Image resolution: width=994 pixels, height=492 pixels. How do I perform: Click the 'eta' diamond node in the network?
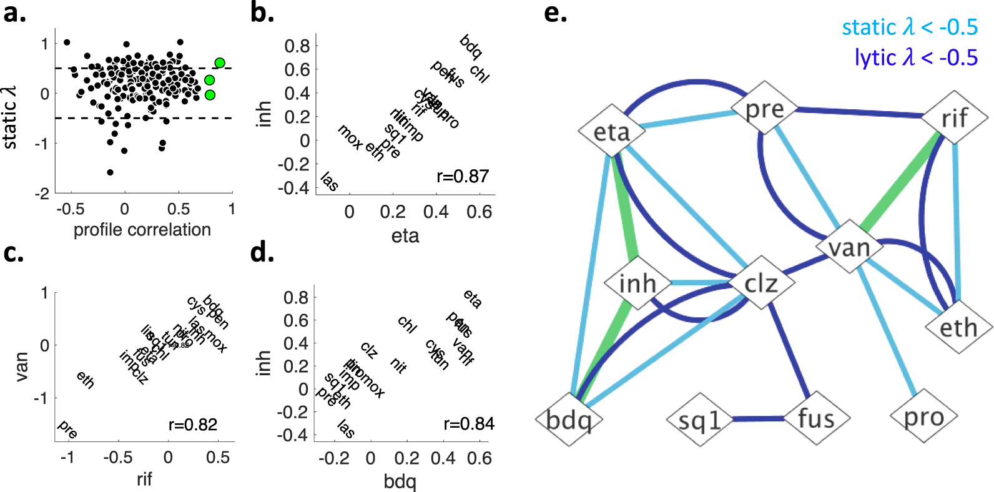tap(611, 132)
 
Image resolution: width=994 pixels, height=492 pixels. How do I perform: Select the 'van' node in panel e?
tap(849, 247)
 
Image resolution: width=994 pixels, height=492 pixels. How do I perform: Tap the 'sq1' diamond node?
tap(699, 420)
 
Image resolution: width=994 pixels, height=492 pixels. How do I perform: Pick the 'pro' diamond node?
tap(923, 416)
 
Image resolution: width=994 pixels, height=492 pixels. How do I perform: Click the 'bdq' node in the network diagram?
tap(569, 420)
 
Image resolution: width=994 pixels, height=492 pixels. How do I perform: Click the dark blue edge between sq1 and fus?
tap(757, 418)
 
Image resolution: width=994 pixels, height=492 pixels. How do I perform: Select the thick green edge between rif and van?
tap(899, 181)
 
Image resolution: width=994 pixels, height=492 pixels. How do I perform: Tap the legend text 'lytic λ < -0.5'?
tap(916, 57)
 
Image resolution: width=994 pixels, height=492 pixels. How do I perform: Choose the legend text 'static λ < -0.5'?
tap(910, 27)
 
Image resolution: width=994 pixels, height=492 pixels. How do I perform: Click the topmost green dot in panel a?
tap(220, 62)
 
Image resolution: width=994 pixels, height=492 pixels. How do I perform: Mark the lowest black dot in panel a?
tap(111, 172)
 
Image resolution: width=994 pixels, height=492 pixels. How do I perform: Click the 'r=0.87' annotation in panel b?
tap(463, 176)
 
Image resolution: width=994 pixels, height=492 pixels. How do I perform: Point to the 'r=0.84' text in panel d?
tap(468, 424)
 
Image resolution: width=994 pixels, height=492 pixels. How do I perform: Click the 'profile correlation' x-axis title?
tap(142, 230)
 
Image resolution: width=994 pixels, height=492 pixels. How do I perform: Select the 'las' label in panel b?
tap(329, 182)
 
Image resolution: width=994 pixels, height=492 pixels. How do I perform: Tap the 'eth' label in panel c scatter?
tap(86, 380)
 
